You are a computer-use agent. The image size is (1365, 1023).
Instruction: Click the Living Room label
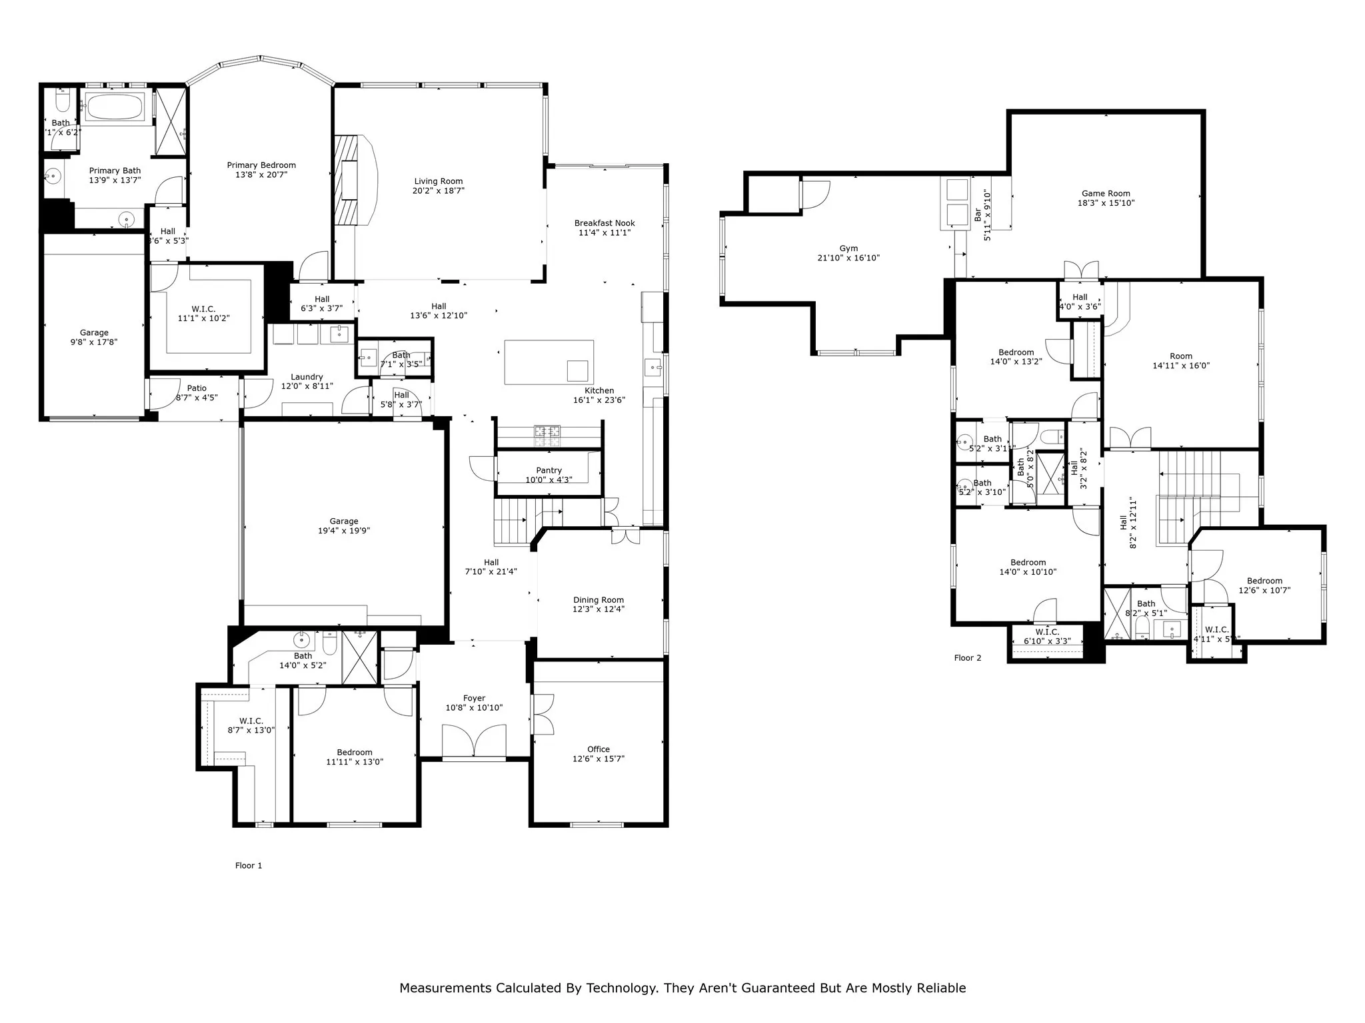(x=438, y=181)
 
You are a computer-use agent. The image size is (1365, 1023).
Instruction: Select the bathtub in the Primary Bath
(x=115, y=107)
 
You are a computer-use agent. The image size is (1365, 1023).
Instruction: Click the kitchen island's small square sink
(x=577, y=370)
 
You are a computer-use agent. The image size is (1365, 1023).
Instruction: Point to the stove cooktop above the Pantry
(x=547, y=435)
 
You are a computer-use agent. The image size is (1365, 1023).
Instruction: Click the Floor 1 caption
(x=249, y=865)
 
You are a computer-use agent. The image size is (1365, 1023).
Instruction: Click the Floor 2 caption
(x=967, y=657)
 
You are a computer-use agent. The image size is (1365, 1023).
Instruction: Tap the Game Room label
(x=1106, y=194)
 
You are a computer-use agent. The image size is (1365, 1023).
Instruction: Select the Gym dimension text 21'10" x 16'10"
(x=848, y=258)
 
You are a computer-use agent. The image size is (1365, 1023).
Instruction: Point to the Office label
(x=598, y=749)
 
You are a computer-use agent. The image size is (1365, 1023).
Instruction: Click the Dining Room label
(x=598, y=600)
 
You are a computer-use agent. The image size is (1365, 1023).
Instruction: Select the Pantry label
(x=549, y=470)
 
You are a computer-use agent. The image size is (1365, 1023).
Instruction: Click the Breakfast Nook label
(x=605, y=223)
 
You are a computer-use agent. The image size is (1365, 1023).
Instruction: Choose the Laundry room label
(x=307, y=377)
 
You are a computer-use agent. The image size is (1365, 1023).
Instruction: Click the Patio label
(x=197, y=388)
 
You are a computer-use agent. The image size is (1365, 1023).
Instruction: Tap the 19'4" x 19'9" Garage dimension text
(x=343, y=531)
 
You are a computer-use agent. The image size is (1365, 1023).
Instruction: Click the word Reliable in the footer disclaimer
(x=941, y=988)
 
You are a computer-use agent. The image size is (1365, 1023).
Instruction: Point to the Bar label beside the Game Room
(x=978, y=214)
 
